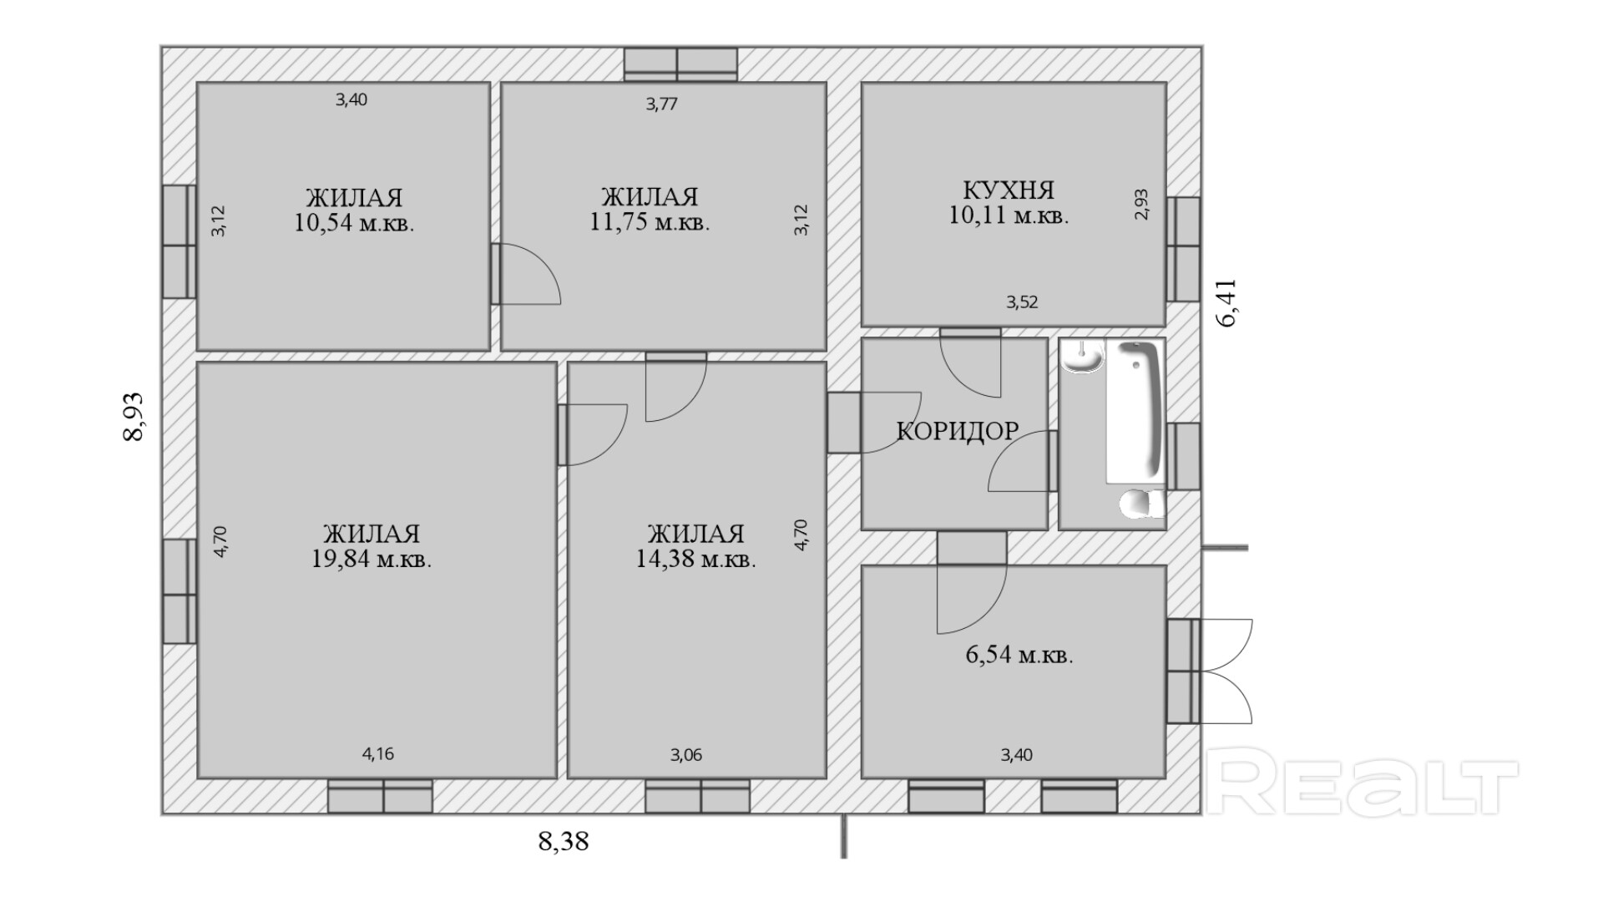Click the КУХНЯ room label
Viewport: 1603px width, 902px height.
(1009, 190)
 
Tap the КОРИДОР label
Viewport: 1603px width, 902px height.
(958, 431)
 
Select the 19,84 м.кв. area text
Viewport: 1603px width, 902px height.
(372, 560)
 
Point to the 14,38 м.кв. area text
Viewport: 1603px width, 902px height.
(695, 560)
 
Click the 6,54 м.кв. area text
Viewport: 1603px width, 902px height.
(1019, 655)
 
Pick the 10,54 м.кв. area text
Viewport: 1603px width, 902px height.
(354, 224)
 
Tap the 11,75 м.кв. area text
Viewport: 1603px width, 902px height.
(650, 223)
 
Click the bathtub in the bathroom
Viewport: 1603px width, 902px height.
(1135, 412)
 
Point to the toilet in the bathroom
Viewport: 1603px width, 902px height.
(1141, 504)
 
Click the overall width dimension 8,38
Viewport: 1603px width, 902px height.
(564, 841)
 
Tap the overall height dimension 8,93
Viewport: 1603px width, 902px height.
(134, 417)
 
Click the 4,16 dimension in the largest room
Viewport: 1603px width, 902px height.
(377, 754)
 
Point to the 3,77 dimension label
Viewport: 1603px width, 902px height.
(661, 104)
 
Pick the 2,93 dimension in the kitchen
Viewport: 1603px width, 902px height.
(1141, 205)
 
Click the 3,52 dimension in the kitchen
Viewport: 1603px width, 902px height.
(1022, 302)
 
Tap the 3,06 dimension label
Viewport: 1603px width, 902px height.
(685, 755)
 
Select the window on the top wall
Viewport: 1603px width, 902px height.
(681, 64)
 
